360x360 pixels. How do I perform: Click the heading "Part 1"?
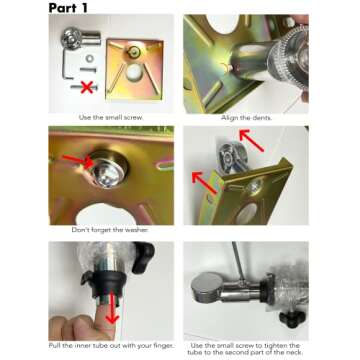point(68,8)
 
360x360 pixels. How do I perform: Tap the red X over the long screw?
point(87,87)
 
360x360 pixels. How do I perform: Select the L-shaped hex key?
point(66,64)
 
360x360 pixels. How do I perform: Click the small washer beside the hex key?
point(89,59)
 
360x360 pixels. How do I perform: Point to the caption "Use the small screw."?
point(111,117)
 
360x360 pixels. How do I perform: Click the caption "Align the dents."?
point(246,118)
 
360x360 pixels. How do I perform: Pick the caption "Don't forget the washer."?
point(110,230)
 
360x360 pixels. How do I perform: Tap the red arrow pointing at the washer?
point(78,161)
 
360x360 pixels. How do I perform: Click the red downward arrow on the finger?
point(112,307)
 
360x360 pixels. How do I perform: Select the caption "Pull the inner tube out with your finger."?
point(111,346)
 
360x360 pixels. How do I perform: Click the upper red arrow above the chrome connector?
point(252,140)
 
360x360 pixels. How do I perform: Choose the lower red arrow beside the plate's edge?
point(205,183)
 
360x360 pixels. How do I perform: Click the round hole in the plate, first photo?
point(135,73)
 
